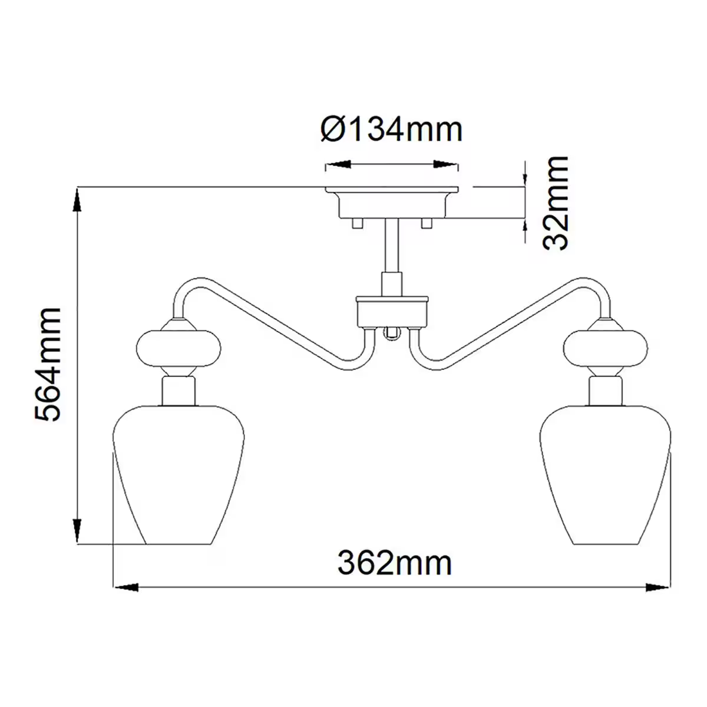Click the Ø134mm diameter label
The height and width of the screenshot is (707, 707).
(x=392, y=129)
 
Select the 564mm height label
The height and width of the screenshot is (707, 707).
(x=48, y=364)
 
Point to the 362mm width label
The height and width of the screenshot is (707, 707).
(x=394, y=563)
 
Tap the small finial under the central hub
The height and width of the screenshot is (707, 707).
(x=390, y=335)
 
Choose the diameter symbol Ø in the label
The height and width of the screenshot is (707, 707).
(x=334, y=129)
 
